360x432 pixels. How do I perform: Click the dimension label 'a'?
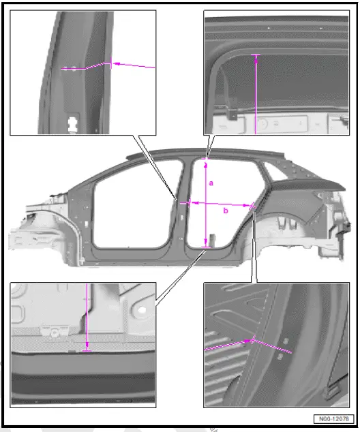pyautogui.click(x=211, y=183)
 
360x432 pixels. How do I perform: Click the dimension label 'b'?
pyautogui.click(x=226, y=211)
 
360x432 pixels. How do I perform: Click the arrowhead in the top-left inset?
pyautogui.click(x=112, y=63)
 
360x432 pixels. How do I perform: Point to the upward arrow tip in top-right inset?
pyautogui.click(x=256, y=56)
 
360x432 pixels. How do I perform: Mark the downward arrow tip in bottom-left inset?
pyautogui.click(x=87, y=350)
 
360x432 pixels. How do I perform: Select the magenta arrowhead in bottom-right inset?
pyautogui.click(x=250, y=339)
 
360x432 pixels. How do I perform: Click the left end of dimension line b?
pyautogui.click(x=190, y=202)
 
